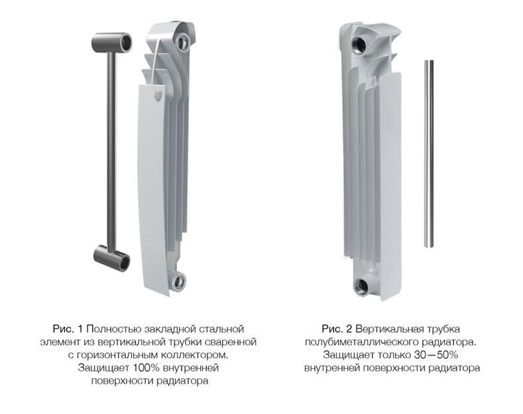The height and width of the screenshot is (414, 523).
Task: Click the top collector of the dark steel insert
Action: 111,42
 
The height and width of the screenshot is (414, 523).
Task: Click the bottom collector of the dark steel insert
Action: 111,258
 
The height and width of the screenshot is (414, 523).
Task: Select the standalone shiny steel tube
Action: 429,153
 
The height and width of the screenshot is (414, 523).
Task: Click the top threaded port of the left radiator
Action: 184,42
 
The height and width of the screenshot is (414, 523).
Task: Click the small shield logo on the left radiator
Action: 158,96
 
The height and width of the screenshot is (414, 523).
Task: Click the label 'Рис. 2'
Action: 337,329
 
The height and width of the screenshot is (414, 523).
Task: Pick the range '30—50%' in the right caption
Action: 436,354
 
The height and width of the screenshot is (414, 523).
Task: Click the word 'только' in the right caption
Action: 394,355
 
